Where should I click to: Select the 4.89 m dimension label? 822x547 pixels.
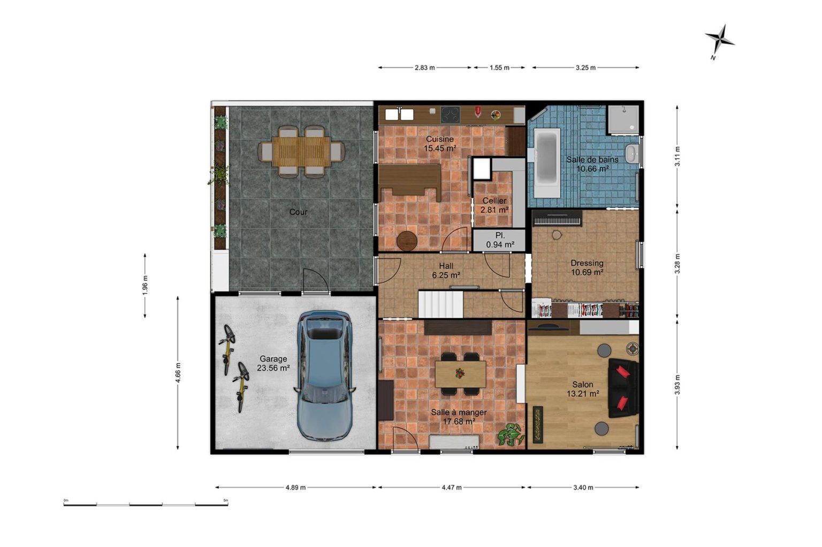295,488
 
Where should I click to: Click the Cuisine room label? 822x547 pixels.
439,139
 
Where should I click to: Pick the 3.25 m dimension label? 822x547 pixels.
585,68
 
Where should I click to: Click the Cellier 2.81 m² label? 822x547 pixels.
494,205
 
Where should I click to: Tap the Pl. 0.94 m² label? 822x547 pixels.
500,239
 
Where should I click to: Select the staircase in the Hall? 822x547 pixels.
441,304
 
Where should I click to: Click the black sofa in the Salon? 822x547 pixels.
623,388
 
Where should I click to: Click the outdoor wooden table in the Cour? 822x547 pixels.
301,152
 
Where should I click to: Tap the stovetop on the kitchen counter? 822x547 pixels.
450,115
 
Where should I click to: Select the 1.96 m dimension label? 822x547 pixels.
145,286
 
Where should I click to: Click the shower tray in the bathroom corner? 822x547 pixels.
623,119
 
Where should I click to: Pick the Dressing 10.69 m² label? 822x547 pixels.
587,267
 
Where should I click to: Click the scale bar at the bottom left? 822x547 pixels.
146,504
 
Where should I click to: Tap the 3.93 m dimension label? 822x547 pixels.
677,384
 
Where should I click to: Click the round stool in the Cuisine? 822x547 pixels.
407,241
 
